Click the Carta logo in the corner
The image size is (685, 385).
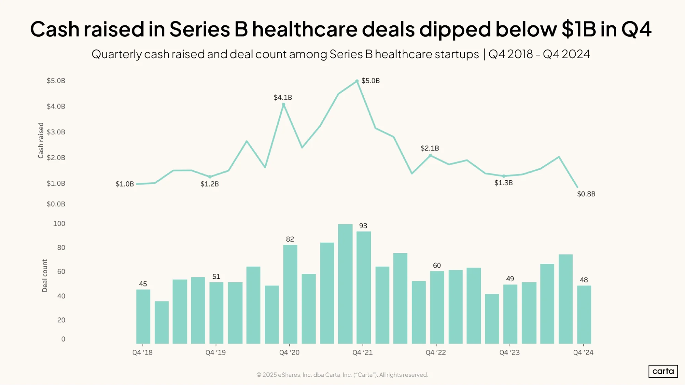coord(663,371)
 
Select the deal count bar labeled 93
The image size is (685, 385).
coord(364,287)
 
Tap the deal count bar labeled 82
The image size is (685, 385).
coord(290,294)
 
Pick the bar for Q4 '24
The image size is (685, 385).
coord(584,315)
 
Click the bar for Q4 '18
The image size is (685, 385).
coord(143,317)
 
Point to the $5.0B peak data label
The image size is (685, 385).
coord(370,81)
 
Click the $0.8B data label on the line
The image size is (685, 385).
coord(586,194)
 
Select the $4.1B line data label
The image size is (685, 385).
coord(283,98)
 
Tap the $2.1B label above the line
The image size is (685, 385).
coord(430,148)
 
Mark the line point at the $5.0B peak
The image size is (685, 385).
coord(357,81)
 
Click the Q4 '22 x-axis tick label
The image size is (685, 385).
coord(436,352)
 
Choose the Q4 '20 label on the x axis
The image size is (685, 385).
coord(289,352)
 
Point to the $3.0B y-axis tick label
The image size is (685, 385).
coord(56,132)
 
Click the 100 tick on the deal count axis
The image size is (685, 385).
coord(59,223)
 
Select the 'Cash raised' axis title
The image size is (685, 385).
coord(41,140)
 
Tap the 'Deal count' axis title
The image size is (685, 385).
coord(45,275)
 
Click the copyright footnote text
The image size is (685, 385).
coord(342,375)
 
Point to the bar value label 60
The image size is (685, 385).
coord(437,266)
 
